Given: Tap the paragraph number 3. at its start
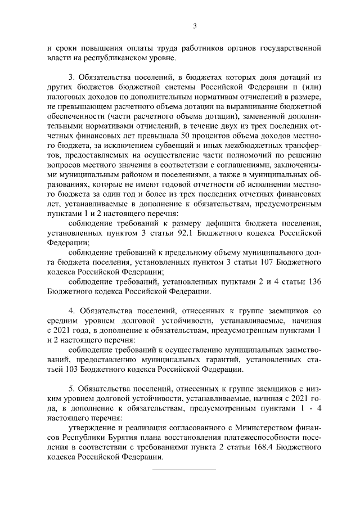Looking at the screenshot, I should pos(72,76).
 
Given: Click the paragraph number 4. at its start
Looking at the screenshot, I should pos(72,310).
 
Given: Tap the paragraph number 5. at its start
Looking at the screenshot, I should pos(72,388).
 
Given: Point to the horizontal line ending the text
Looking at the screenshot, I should pos(184,469).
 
